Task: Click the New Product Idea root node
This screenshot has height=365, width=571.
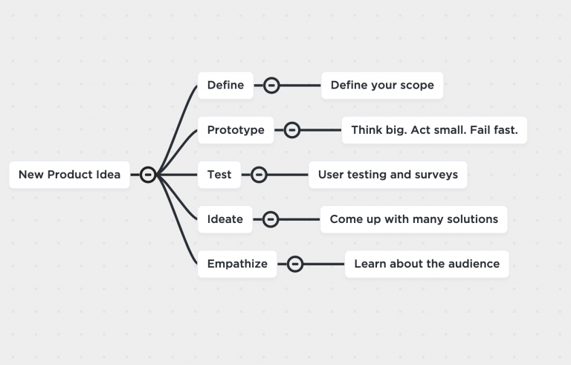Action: tap(69, 175)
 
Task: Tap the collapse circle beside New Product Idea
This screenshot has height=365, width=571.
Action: tap(148, 175)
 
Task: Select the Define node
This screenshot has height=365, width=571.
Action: tap(225, 85)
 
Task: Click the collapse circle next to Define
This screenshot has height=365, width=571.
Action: tap(272, 85)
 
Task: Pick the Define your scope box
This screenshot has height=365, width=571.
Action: tap(382, 85)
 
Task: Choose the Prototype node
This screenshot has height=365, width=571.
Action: tap(236, 130)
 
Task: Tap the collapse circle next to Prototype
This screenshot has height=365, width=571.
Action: tap(292, 130)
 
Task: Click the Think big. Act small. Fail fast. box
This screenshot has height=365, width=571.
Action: tap(434, 130)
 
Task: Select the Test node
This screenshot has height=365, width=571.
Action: tap(219, 175)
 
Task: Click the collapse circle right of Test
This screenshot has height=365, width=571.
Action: tap(259, 175)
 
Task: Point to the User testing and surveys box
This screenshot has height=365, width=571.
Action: tap(387, 175)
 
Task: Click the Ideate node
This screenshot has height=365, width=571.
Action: tap(225, 219)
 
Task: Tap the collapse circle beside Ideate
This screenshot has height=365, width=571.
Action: tap(271, 219)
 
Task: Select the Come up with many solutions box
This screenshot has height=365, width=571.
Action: tap(413, 219)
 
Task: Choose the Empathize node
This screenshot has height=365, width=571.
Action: tap(237, 264)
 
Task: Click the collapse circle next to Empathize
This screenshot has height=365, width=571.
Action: tap(295, 264)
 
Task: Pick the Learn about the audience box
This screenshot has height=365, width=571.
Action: tap(427, 264)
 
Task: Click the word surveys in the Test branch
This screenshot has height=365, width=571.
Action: tap(436, 175)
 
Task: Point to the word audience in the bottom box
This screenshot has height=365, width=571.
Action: tap(474, 264)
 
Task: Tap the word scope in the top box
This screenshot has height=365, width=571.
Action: tap(417, 85)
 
